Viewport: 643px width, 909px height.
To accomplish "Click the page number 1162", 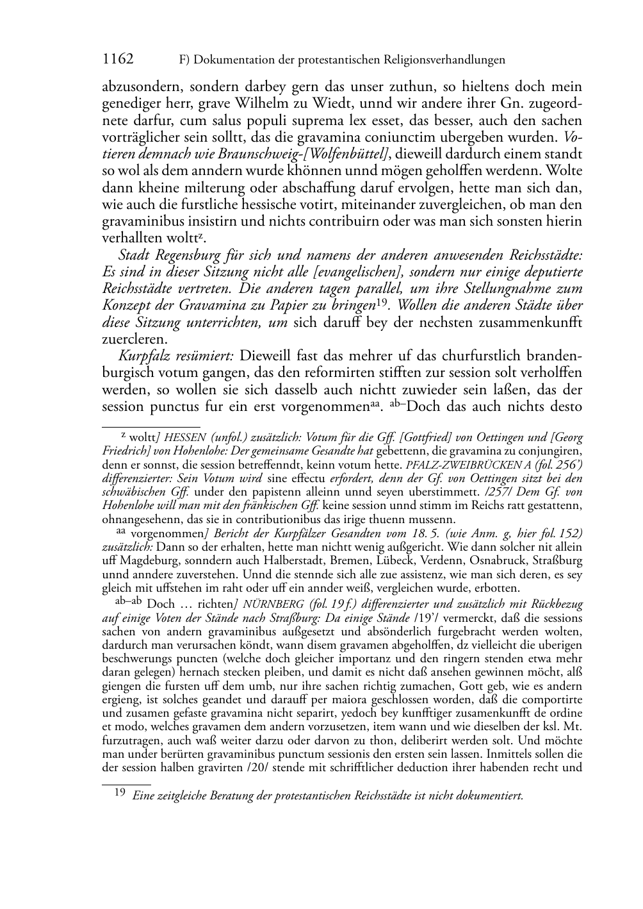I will pos(118,60).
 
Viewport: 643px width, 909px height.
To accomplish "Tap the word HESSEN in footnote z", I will pos(187,438).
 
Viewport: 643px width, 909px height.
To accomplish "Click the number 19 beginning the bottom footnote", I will pos(119,794).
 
